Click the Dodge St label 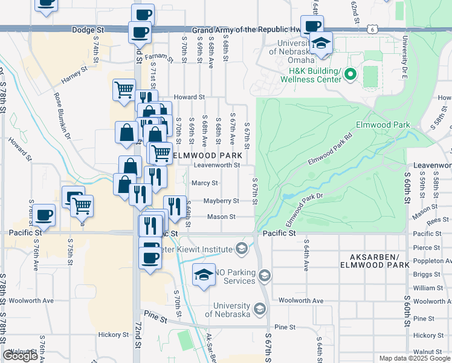[x=88, y=29]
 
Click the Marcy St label [x=204, y=183]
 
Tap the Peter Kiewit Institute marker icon [x=241, y=249]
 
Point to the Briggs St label [x=427, y=274]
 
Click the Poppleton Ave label [x=432, y=261]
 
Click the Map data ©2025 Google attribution [x=414, y=358]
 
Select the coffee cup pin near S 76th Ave [x=44, y=215]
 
